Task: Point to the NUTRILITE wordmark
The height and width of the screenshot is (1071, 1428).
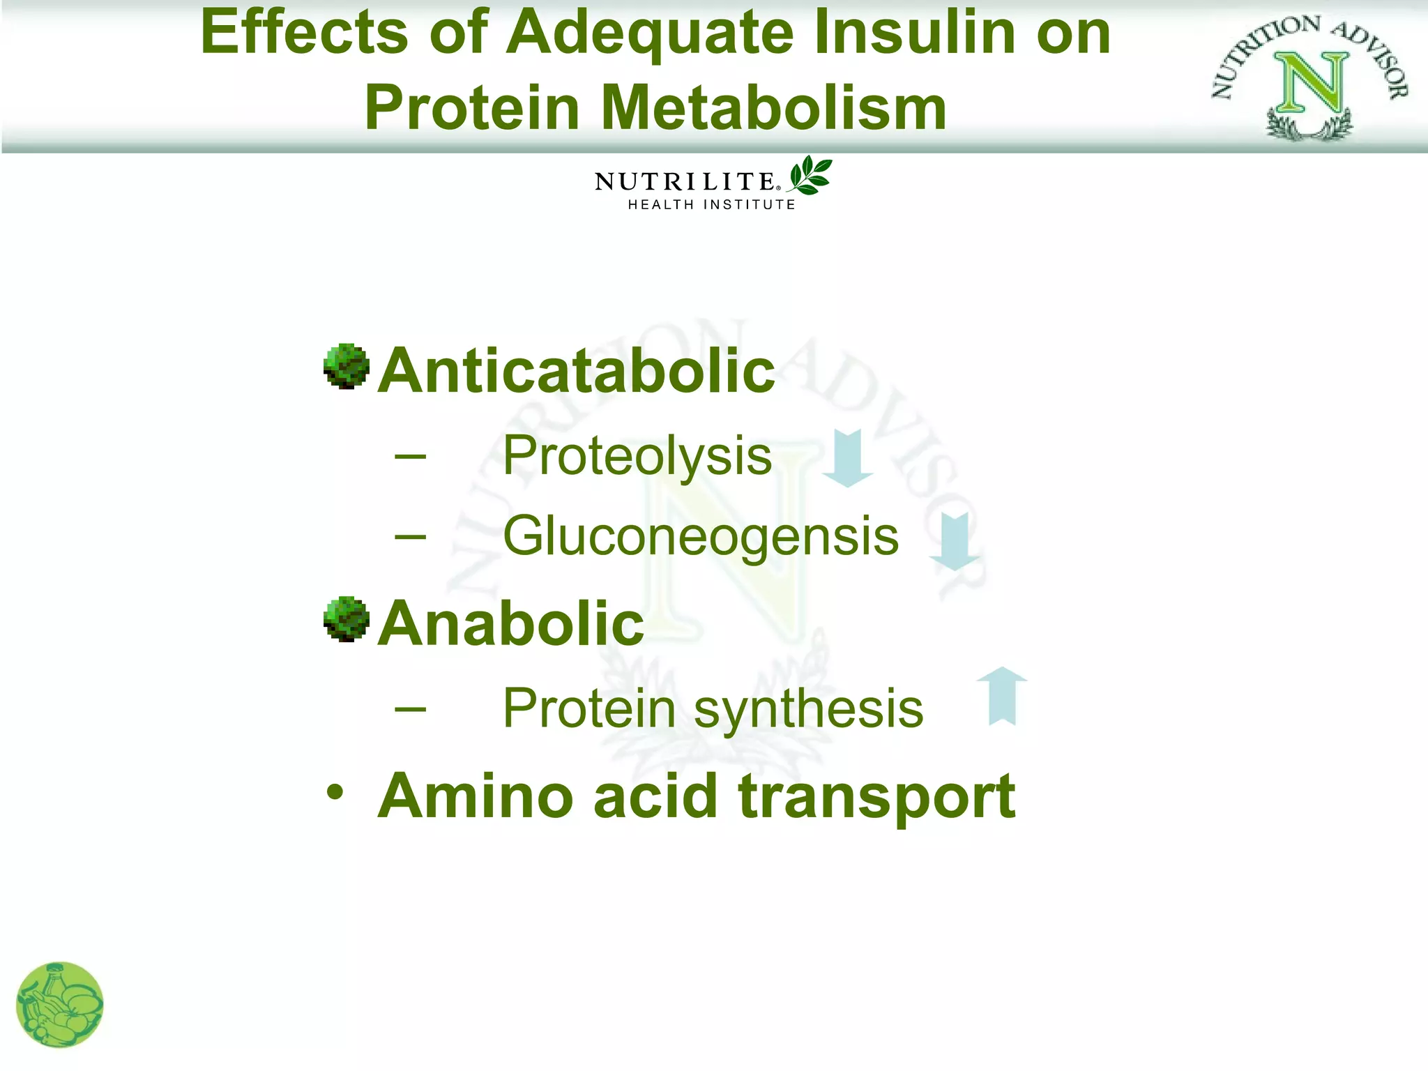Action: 685,182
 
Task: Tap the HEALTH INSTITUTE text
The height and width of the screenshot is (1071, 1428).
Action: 711,205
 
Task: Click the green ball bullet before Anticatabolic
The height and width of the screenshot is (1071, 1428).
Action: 347,366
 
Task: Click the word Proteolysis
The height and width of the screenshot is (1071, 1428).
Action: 637,456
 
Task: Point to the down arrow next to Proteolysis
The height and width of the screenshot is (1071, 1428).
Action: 848,457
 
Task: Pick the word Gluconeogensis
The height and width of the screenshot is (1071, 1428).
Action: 701,536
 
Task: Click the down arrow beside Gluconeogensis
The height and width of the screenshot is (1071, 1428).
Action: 955,540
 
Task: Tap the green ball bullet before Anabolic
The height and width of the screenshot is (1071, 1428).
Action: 347,619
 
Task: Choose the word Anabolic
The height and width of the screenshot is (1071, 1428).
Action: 511,623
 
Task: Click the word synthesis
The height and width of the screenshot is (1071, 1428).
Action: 808,709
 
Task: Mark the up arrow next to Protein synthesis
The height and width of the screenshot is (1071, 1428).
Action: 1002,695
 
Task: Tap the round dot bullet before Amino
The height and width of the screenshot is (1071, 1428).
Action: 335,793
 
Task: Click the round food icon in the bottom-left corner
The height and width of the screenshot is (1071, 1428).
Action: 59,1005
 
